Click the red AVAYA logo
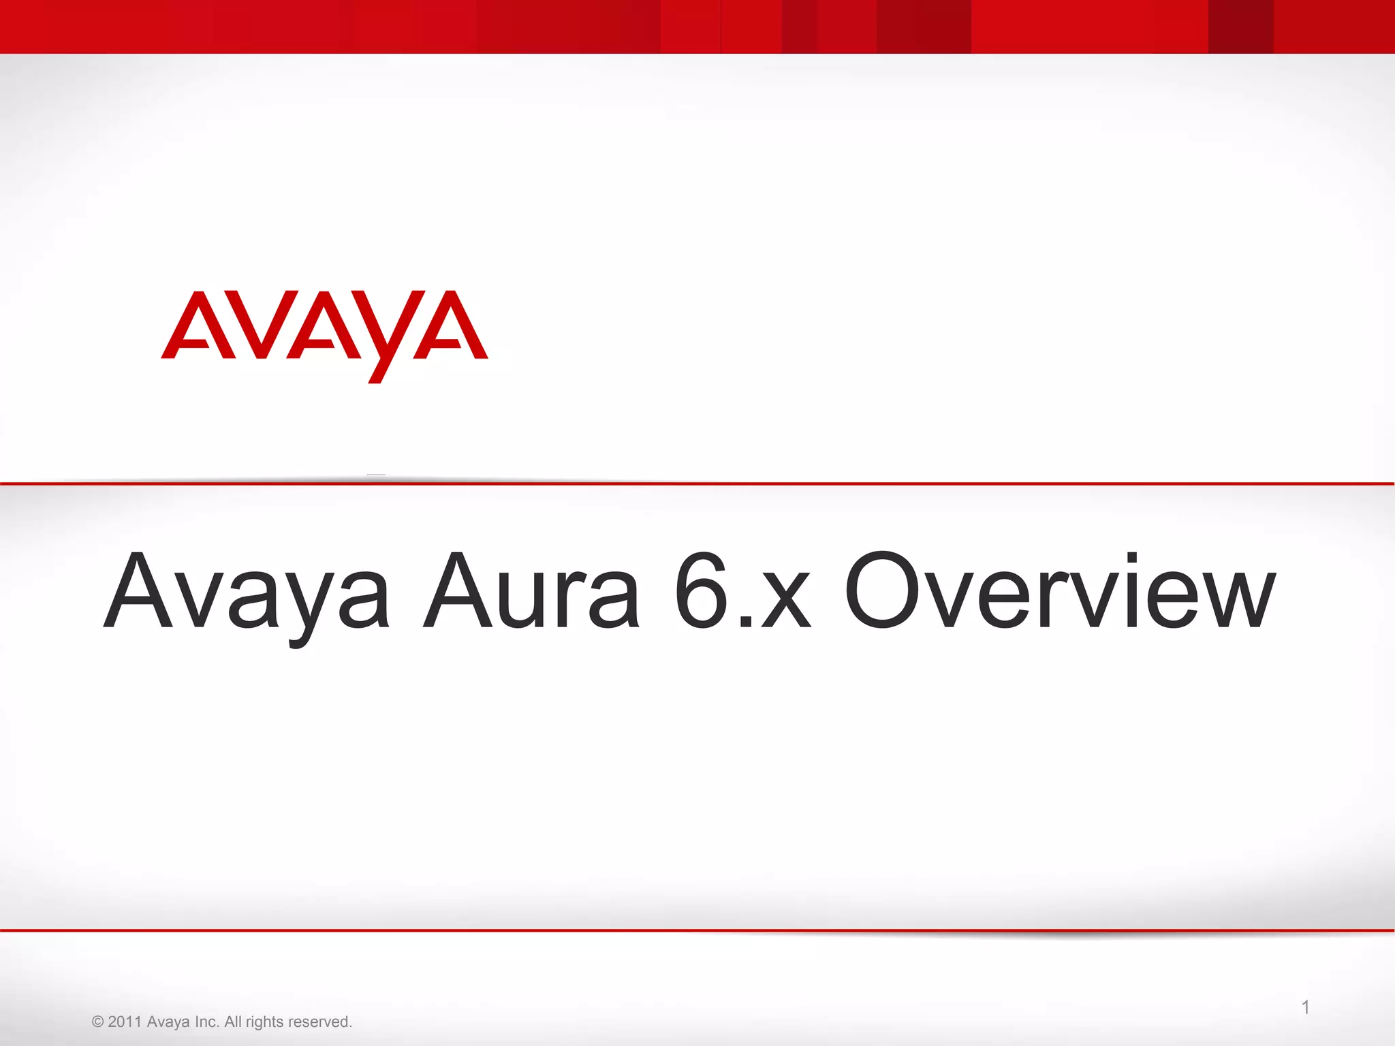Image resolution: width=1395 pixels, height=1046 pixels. coord(324,334)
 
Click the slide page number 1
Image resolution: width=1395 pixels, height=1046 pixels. coord(1305,1007)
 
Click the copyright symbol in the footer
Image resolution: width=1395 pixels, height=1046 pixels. coord(97,1021)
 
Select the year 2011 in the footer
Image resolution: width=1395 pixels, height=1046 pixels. coord(125,1021)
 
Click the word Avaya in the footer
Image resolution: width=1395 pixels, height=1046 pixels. coord(168,1021)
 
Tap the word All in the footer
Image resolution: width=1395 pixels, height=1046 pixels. coord(233,1021)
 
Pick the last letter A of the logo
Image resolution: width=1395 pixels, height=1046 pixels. coord(451,326)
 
